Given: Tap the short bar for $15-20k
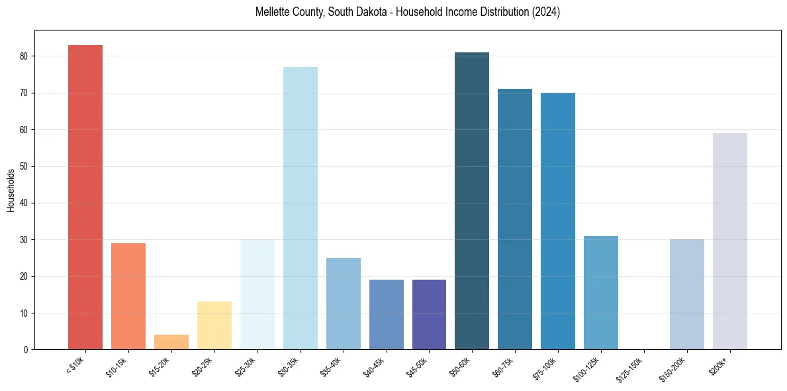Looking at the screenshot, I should [x=171, y=342].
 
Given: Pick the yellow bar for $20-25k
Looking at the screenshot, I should [x=214, y=325].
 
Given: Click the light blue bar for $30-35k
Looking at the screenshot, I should [x=300, y=208].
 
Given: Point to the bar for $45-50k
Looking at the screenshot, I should [x=429, y=314].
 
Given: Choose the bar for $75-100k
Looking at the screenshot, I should [x=558, y=221].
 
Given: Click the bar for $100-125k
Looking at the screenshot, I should [x=601, y=292].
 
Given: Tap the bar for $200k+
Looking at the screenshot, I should [x=729, y=241].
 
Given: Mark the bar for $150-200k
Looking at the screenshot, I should [x=687, y=294].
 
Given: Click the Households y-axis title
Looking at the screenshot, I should [x=11, y=190].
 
